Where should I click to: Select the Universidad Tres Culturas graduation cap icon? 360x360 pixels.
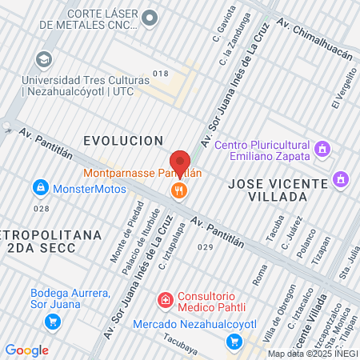tap(44, 60)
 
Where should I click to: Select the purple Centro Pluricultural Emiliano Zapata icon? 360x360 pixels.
tap(322, 149)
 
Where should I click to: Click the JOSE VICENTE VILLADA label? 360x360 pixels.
tap(278, 190)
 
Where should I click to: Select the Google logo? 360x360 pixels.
tap(26, 350)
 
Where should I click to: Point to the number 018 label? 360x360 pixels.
tap(161, 74)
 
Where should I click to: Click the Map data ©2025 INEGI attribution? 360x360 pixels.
tap(313, 354)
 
